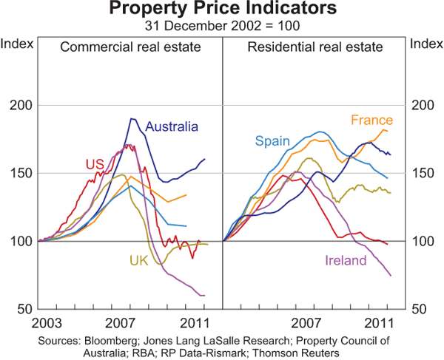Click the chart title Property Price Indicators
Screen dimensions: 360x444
coord(222,10)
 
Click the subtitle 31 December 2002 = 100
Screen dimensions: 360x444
coord(222,25)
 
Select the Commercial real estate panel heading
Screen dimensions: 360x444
coord(131,47)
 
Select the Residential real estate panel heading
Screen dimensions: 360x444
coord(315,47)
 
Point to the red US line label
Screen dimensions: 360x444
coord(94,163)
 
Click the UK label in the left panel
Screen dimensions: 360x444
coord(139,260)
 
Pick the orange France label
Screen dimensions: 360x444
coord(372,120)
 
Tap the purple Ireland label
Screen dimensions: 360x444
coord(346,260)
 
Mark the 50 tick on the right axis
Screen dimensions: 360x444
coord(420,309)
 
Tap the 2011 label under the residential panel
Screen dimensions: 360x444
coord(378,323)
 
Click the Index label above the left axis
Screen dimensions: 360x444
coord(18,43)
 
